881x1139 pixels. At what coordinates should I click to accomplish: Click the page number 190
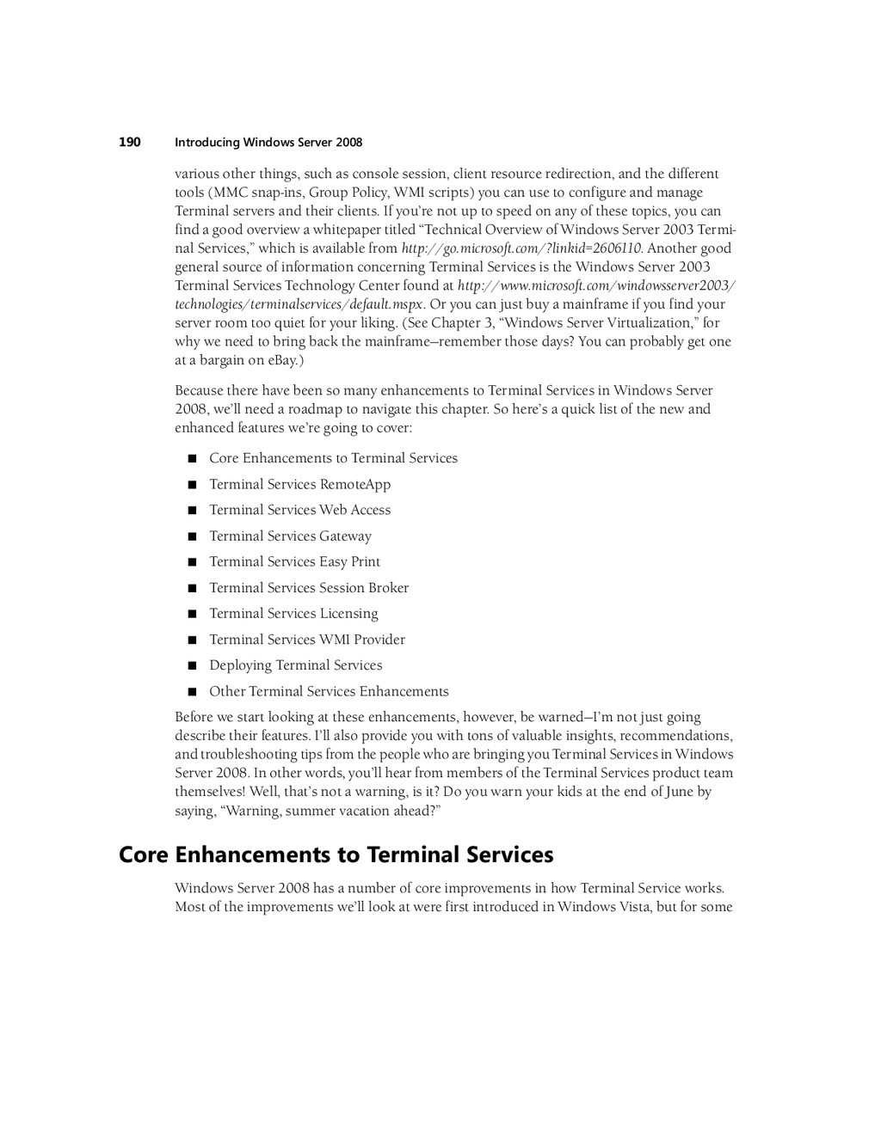(x=129, y=142)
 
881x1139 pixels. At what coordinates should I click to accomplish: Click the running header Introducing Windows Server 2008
(x=268, y=143)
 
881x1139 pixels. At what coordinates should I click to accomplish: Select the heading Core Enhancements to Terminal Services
(x=336, y=854)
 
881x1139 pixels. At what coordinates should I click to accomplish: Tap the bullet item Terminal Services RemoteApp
(x=299, y=484)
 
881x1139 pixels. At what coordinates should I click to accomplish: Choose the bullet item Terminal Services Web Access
(x=299, y=510)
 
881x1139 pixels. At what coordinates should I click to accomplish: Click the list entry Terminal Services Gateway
(x=290, y=536)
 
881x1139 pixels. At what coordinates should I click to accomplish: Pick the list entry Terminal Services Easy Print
(x=294, y=561)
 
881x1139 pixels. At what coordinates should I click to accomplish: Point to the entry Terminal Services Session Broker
(x=309, y=588)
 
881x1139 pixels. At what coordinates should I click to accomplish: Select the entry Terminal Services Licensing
(x=293, y=614)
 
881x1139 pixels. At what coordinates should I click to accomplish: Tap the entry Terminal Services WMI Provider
(x=307, y=640)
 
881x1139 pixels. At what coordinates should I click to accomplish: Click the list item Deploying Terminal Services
(x=295, y=665)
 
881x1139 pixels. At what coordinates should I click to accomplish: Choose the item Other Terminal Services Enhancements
(x=329, y=691)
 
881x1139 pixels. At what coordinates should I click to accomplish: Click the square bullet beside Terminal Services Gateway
(x=192, y=537)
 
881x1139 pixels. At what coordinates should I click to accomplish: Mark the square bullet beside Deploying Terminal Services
(x=192, y=666)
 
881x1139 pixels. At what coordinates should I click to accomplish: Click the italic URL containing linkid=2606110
(x=521, y=248)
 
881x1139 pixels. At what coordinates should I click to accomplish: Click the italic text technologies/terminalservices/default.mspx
(x=299, y=304)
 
